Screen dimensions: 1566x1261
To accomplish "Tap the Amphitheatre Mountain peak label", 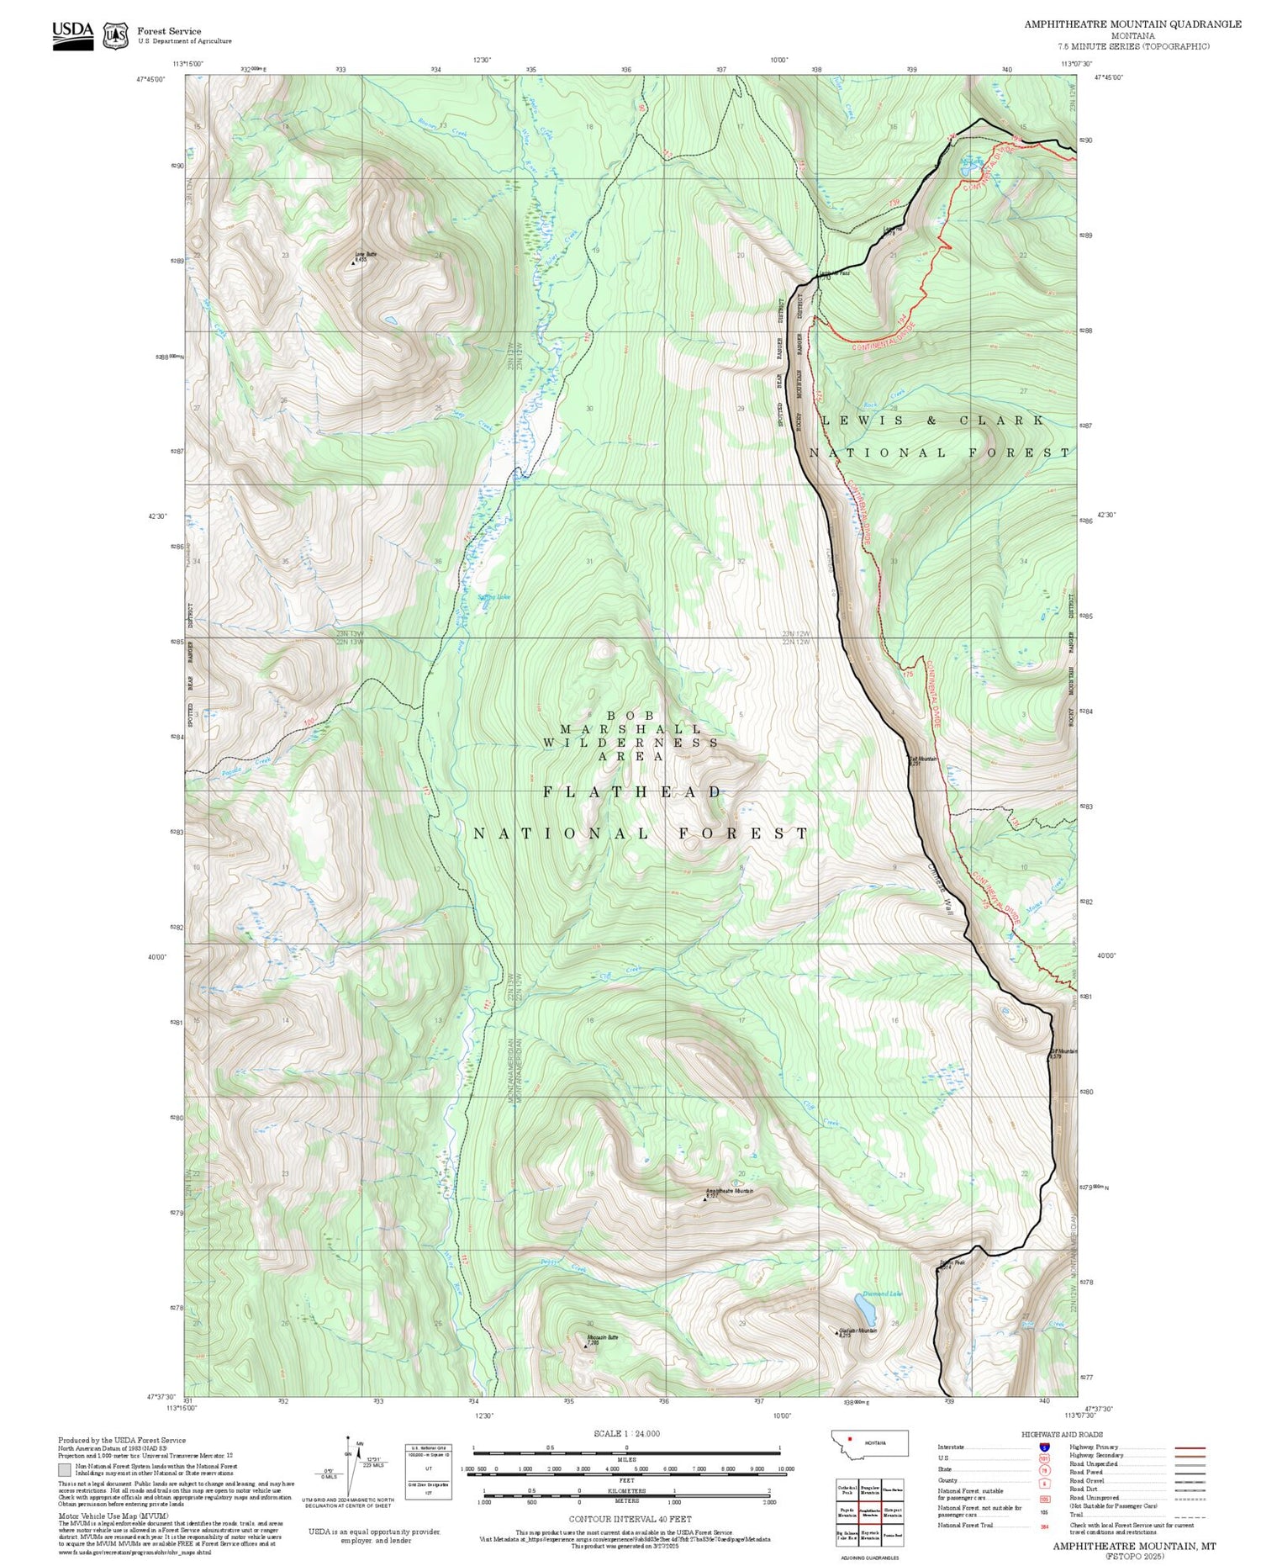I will (729, 1191).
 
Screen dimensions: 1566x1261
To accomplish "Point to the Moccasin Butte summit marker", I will (586, 1346).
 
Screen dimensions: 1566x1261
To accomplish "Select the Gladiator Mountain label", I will (857, 1331).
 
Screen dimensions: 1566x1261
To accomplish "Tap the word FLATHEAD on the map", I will (632, 792).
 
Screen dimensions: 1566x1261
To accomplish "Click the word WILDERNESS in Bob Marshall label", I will (630, 743).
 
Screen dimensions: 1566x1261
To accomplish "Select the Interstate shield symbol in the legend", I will (1044, 1447).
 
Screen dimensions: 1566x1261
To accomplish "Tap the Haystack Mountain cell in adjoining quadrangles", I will (869, 1535).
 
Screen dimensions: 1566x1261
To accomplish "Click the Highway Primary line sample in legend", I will (1186, 1447).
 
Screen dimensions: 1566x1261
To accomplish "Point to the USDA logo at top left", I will (73, 35).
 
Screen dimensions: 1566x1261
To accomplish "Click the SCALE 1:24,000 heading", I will (626, 1433).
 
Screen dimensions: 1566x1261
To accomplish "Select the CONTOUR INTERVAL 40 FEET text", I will (630, 1519).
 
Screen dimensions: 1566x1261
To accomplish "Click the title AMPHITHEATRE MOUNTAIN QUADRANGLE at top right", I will (1132, 24).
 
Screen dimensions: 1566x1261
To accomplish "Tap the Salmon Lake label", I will (493, 597).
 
